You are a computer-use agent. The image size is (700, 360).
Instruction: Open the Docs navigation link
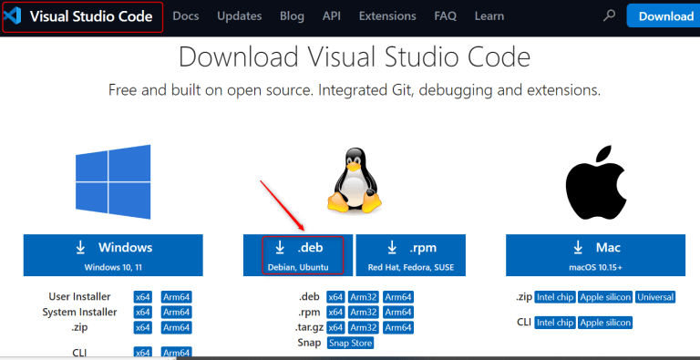186,16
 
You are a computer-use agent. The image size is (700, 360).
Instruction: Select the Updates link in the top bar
240,16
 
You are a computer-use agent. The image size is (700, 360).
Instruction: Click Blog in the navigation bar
293,16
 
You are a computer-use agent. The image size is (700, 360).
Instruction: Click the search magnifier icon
609,16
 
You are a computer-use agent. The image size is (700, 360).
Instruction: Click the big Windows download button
114,255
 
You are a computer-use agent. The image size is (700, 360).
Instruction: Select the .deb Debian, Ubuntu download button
296,255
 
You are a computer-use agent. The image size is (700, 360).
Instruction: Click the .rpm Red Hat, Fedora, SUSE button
410,255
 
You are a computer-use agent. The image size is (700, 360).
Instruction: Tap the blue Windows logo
113,180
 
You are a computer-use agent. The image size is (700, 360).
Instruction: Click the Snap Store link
350,343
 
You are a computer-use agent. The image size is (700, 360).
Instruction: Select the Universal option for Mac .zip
655,297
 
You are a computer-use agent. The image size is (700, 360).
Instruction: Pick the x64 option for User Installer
142,297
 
